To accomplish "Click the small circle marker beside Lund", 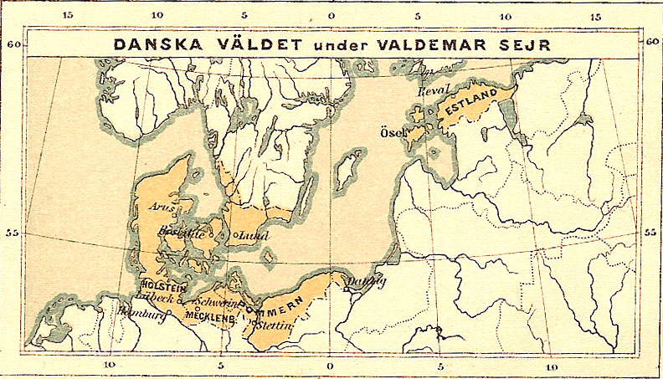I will (x=237, y=236).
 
